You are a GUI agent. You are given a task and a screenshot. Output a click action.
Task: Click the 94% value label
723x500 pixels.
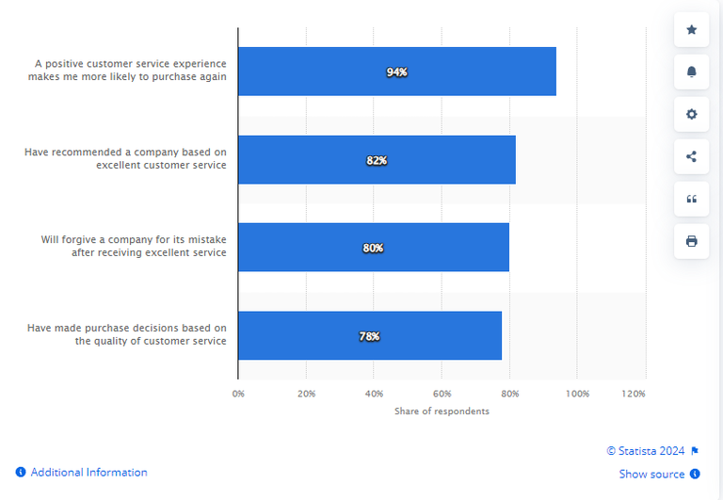point(396,72)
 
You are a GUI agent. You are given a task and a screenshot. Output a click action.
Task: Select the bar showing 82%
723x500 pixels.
point(377,160)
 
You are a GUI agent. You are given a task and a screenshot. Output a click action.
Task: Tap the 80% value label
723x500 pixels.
point(373,248)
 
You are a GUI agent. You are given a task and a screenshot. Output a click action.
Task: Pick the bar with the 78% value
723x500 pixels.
point(369,335)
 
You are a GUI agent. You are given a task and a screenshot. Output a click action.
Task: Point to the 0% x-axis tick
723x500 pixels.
point(238,393)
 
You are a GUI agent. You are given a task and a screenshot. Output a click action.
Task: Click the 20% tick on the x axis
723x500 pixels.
point(306,393)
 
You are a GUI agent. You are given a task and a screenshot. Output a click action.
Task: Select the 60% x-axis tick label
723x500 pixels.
point(442,393)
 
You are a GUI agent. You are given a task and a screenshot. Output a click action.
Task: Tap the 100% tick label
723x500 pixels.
point(577,393)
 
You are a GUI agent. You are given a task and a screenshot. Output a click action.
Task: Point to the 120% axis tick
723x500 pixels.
point(634,393)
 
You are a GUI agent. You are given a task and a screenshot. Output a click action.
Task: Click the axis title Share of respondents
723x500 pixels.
point(442,411)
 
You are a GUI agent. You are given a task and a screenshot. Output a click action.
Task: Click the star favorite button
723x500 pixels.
point(692,30)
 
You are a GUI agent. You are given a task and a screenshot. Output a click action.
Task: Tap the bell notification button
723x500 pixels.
point(692,73)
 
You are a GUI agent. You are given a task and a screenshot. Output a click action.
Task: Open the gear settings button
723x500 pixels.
point(692,114)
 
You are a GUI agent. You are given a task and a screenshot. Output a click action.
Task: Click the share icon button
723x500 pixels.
point(692,156)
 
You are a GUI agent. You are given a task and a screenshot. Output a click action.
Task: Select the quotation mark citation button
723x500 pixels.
point(692,199)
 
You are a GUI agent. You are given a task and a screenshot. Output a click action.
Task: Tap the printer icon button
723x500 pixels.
point(692,241)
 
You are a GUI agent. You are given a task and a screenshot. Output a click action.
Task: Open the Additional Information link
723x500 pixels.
point(88,473)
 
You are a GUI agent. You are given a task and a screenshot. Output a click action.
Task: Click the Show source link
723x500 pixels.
point(651,475)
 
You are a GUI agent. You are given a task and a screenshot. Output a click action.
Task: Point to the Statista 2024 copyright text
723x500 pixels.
point(646,451)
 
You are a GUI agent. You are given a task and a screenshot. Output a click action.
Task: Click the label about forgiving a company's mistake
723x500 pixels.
point(133,246)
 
